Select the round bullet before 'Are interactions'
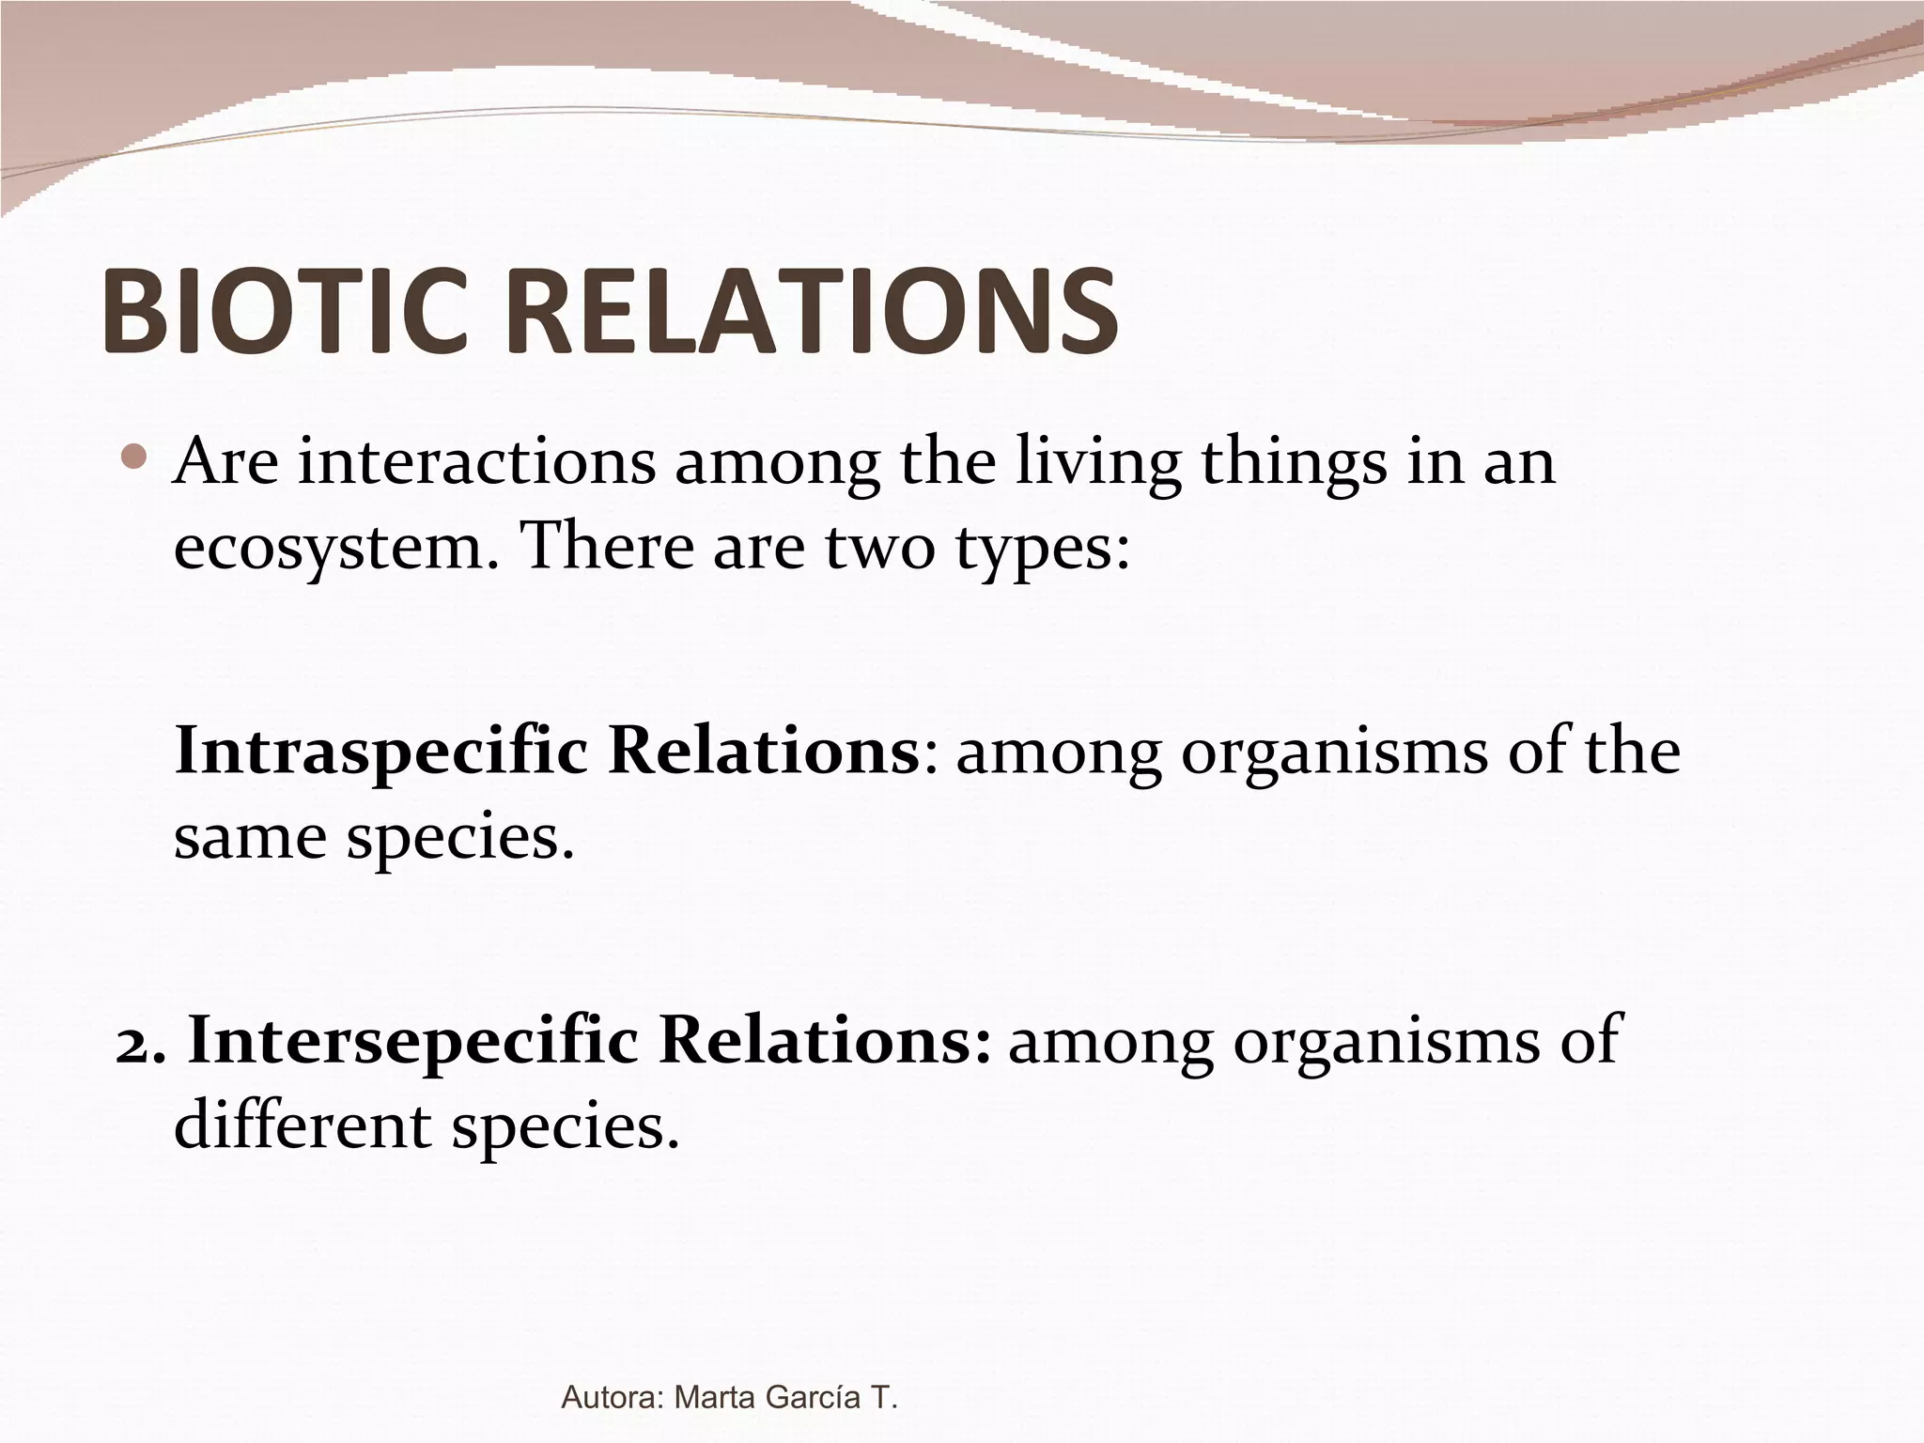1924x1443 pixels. [136, 458]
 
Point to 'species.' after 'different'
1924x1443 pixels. [565, 1128]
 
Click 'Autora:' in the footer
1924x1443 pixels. [613, 1398]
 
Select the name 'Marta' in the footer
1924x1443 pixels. [717, 1398]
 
